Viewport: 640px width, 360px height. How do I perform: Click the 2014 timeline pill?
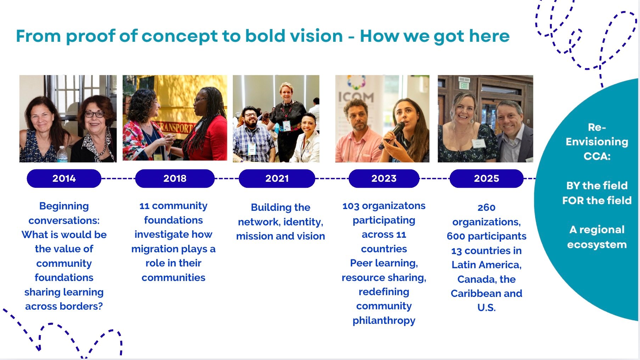pos(64,178)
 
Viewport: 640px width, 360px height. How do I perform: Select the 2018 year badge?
pos(175,178)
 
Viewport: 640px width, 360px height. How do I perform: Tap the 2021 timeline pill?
pos(277,178)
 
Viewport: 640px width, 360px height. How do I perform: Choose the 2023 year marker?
pos(384,178)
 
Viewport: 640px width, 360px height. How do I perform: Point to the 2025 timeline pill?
pos(486,178)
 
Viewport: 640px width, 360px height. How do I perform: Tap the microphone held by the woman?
pos(392,135)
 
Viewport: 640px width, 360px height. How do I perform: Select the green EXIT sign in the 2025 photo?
pos(464,85)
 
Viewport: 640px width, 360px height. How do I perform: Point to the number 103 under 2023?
pos(351,206)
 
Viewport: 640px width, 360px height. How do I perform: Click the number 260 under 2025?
pos(486,208)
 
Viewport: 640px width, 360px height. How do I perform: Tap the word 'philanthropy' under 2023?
pos(384,321)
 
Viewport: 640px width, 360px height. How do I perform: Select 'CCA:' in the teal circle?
pos(597,156)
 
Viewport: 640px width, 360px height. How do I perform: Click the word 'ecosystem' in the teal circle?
pos(597,245)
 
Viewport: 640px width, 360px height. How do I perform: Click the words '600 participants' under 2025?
pos(486,236)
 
